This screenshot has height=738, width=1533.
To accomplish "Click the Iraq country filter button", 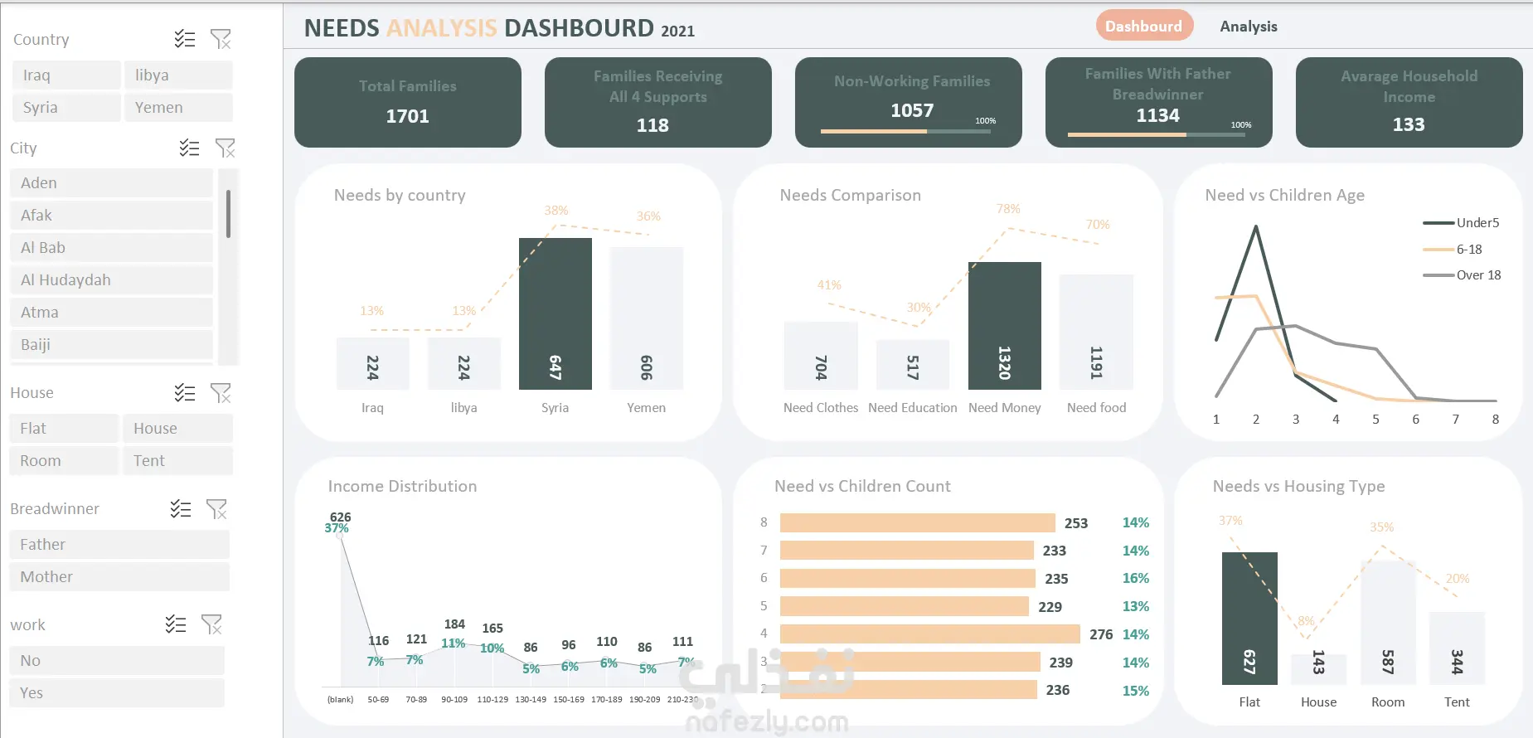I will [x=66, y=75].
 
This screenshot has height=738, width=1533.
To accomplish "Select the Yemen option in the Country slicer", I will [x=177, y=108].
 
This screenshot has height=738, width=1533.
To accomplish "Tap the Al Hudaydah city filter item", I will [x=111, y=280].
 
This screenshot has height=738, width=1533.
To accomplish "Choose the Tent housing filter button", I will [x=177, y=461].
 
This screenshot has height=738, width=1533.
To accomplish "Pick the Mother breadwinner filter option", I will [x=119, y=577].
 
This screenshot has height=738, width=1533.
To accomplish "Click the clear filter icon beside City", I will [x=225, y=148].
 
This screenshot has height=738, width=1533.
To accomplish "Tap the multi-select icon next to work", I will [x=176, y=624].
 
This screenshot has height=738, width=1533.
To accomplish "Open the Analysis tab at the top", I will [x=1248, y=27].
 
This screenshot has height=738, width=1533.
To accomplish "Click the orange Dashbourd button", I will [x=1144, y=27].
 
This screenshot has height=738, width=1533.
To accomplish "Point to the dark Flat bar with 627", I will [x=1249, y=618].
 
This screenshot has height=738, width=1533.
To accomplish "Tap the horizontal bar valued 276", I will [x=929, y=634].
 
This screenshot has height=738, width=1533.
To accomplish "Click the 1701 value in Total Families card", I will [x=407, y=116].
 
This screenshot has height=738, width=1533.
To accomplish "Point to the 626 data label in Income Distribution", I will [x=340, y=517].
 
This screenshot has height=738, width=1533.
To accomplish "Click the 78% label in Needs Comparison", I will [x=1008, y=209].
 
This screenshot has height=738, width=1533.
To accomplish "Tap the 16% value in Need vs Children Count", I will [x=1135, y=579].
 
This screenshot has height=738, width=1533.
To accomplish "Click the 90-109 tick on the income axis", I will [x=454, y=700].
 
